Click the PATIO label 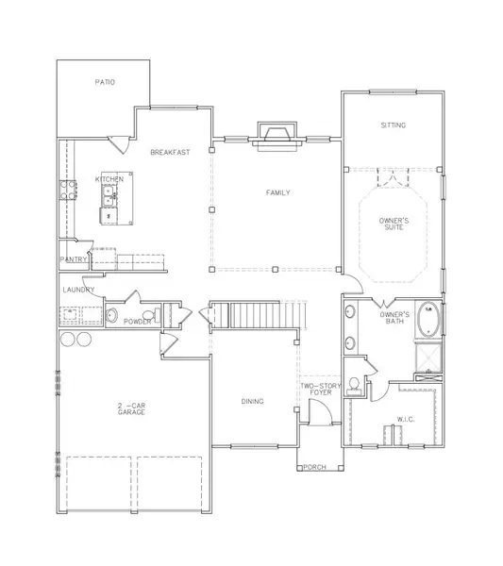(105, 82)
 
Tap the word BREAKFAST (170, 152)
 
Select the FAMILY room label (278, 192)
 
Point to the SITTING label (394, 125)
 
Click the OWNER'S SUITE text (394, 224)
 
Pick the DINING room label (252, 402)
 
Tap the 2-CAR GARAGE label (131, 409)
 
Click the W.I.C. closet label (406, 420)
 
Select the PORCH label (315, 467)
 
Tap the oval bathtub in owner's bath (428, 319)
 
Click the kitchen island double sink (109, 196)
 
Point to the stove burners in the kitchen (68, 190)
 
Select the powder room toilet (152, 315)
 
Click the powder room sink (111, 315)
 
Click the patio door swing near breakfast (120, 144)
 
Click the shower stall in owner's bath (428, 358)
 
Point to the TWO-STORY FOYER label (321, 389)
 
